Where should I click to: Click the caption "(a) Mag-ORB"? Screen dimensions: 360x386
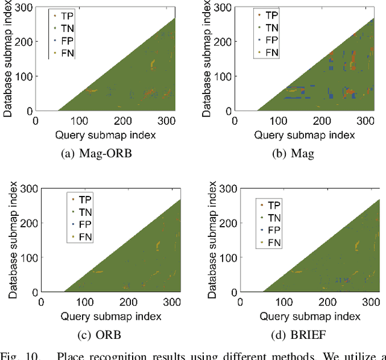coord(97,153)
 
